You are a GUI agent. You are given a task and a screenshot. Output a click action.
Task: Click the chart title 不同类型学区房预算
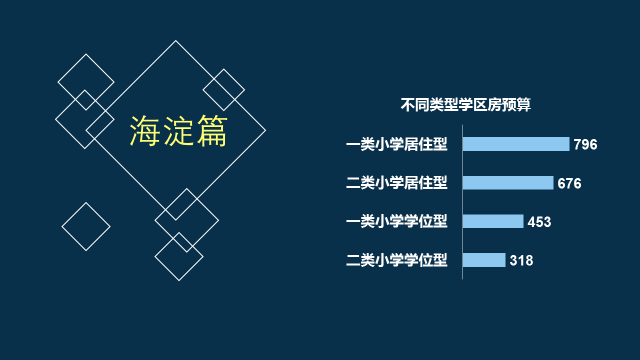466,105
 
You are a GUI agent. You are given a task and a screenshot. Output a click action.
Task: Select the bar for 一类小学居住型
516,144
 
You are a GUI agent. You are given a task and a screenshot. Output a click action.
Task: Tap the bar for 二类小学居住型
508,183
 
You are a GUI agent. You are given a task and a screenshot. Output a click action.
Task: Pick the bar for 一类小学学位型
493,221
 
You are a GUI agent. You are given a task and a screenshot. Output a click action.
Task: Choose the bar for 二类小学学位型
484,260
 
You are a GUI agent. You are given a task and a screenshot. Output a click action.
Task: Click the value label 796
585,144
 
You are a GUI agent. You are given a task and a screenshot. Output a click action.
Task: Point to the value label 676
569,183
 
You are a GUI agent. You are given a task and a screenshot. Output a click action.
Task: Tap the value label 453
539,222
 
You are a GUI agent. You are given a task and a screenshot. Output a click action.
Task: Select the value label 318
521,260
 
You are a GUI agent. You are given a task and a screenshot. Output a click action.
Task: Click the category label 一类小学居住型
397,144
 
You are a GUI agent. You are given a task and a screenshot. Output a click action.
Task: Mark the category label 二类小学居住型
397,183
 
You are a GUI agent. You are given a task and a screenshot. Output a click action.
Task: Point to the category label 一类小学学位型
397,221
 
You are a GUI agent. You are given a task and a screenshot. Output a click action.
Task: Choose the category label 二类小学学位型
397,260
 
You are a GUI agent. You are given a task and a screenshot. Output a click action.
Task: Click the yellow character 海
144,131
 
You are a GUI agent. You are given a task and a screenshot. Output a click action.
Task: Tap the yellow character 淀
178,131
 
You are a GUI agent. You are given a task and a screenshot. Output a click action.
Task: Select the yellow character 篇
212,131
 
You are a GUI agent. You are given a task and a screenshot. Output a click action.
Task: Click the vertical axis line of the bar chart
462,202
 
